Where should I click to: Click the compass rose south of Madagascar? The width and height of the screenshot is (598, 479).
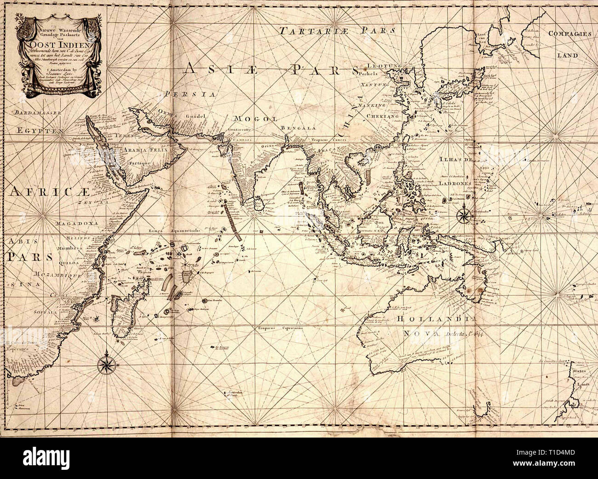click(106, 364)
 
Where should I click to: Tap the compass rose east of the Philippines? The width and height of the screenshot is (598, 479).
click(462, 214)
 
